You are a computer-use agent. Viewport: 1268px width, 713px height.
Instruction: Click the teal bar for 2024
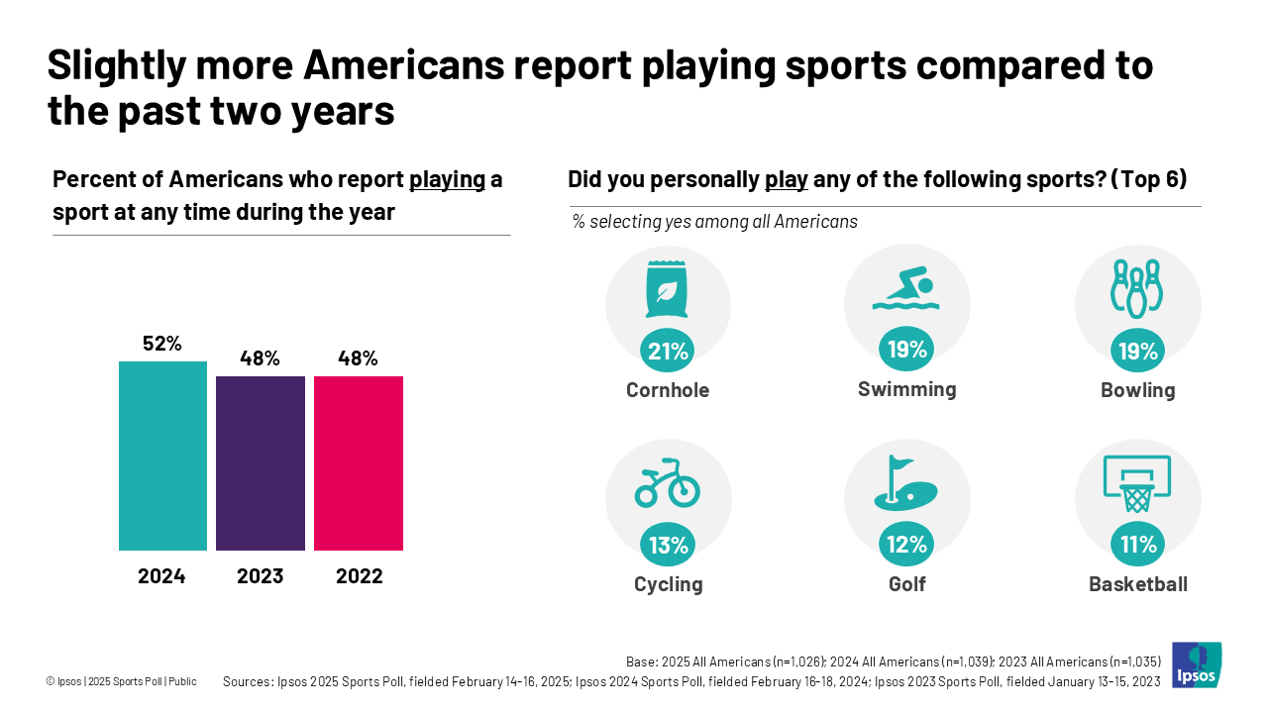[162, 456]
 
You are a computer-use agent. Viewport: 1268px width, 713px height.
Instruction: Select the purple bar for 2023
[261, 462]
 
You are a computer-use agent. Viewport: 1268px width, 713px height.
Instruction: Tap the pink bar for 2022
[359, 462]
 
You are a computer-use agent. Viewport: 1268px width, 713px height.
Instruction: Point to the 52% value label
[162, 344]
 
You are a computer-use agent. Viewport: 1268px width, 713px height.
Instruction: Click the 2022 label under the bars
[359, 576]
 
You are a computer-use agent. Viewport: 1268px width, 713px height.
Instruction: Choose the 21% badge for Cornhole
[668, 351]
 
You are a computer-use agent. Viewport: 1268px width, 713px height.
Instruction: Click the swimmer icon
[906, 290]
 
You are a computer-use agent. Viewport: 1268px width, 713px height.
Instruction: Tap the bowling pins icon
[1137, 289]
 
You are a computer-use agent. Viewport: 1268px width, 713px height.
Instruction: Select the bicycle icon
[668, 482]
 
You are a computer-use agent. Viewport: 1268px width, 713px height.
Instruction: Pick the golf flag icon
[906, 483]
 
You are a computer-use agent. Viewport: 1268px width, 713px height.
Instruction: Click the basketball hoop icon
[1137, 483]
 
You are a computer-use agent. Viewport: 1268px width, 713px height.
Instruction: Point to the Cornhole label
[668, 390]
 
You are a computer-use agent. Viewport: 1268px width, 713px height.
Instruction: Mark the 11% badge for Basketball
[1138, 545]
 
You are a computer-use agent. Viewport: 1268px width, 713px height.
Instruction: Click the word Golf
[906, 584]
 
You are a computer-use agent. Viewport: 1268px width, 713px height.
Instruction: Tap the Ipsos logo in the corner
[1197, 664]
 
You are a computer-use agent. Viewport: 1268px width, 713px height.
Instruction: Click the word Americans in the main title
[409, 65]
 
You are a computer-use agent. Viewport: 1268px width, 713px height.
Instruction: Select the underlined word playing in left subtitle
[448, 179]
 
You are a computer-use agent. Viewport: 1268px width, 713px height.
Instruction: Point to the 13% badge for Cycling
[668, 545]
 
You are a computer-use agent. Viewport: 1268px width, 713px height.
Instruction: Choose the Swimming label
[906, 389]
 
